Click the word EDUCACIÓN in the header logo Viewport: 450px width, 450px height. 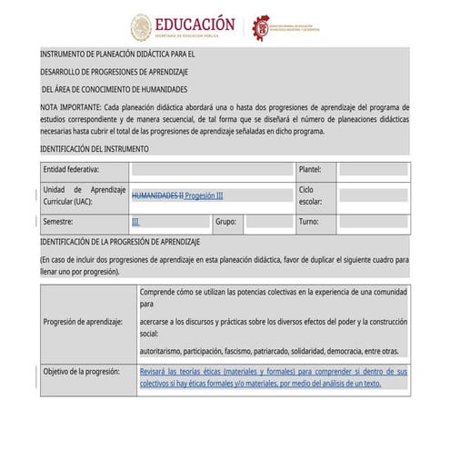coord(195,24)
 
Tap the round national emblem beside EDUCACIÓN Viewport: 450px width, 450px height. coord(141,27)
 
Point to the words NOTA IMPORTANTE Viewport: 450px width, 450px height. coord(71,106)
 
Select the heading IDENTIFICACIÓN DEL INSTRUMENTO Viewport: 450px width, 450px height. coord(95,148)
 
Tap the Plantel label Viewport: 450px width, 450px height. coord(310,169)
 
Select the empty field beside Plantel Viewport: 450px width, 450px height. coord(373,169)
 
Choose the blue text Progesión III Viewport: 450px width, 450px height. coord(204,195)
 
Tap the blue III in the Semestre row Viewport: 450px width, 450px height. coord(135,221)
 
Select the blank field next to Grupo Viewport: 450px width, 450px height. coord(267,221)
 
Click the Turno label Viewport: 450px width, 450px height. coord(308,221)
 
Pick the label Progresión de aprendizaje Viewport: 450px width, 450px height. coord(83,322)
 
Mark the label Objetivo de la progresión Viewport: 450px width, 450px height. coord(83,372)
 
